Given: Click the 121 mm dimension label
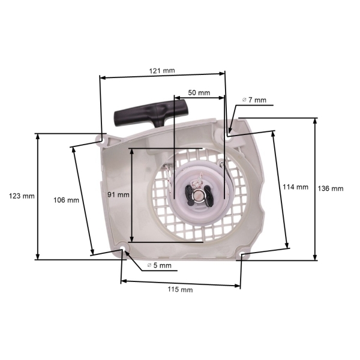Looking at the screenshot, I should [162, 71].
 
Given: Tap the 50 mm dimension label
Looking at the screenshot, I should [199, 93].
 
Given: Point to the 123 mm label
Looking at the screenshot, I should [22, 196].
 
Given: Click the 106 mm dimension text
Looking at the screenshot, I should [67, 200].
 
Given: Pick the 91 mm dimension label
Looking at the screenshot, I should [119, 194].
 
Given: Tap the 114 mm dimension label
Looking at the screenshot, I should [295, 187].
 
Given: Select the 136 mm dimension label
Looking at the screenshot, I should [330, 188].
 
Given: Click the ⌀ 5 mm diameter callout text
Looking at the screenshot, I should [159, 265].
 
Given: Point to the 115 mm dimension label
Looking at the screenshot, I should [180, 290].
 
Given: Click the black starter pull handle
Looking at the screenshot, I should [150, 115].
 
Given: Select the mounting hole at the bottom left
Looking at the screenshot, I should [123, 249].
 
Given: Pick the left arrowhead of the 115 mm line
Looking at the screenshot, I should [123, 280].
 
